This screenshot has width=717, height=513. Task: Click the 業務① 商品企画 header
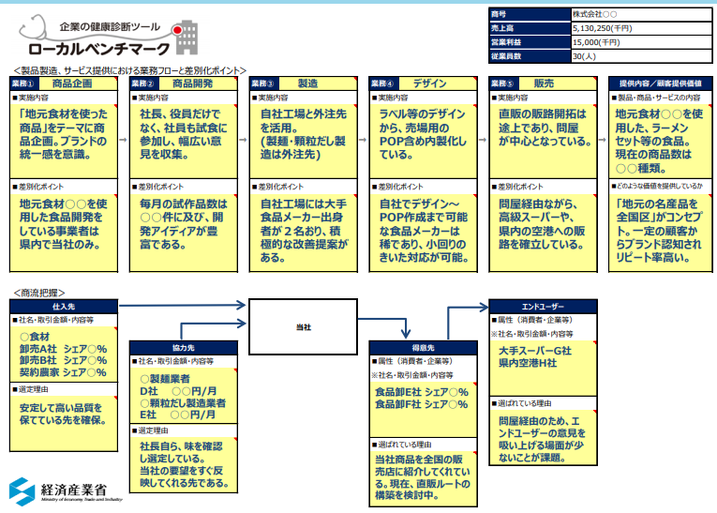(x=64, y=83)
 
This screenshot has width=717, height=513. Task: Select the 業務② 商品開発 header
(x=183, y=83)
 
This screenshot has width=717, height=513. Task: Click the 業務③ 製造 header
(x=302, y=83)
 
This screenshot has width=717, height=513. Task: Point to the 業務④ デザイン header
(x=422, y=83)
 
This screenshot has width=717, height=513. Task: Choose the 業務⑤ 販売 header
(x=541, y=83)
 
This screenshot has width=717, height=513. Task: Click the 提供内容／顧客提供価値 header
(x=660, y=83)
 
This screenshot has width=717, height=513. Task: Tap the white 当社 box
(x=303, y=326)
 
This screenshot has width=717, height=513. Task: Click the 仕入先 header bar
(x=64, y=306)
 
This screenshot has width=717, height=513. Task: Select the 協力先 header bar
(x=183, y=346)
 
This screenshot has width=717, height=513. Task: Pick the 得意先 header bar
(x=422, y=346)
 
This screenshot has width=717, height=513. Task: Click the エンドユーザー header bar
(x=541, y=306)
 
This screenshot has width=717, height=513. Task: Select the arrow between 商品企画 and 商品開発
(x=123, y=138)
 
